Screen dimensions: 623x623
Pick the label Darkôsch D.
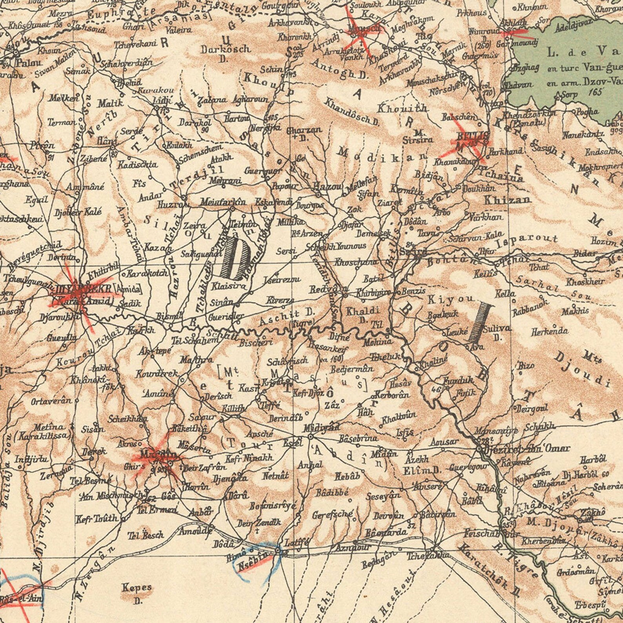225,53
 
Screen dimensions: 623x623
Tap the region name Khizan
508,200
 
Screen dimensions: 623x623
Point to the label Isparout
527,240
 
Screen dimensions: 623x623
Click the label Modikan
383,154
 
